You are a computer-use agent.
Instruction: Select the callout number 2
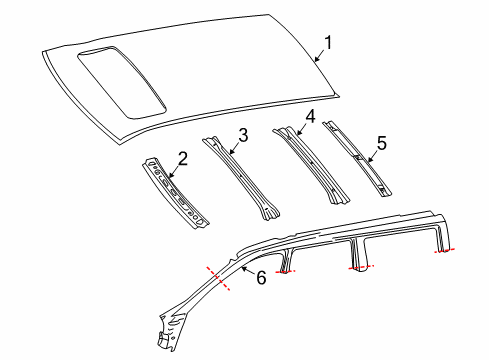(x=182, y=157)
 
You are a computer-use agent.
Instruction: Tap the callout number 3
(x=243, y=135)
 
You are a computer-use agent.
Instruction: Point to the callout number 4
(x=310, y=116)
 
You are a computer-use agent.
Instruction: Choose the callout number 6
(x=262, y=277)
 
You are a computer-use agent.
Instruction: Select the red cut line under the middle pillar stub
(x=360, y=268)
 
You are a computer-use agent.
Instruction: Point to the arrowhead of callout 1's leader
(x=315, y=61)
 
